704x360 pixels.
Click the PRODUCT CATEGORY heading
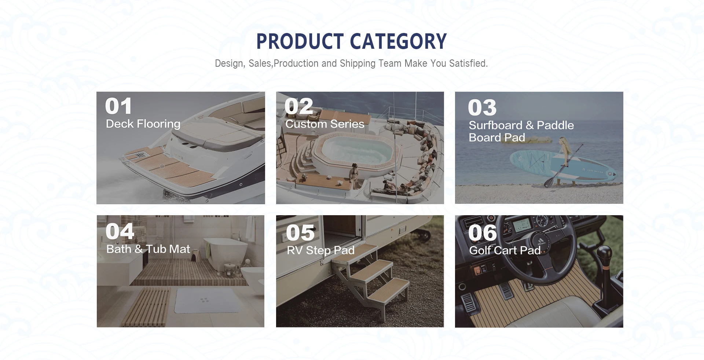point(351,41)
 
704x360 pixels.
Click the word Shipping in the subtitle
point(357,63)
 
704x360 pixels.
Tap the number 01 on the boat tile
point(118,106)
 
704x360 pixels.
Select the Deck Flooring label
point(143,124)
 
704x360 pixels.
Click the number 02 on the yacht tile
point(299,106)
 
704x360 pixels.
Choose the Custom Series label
point(325,124)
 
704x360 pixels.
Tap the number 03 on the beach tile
point(482,108)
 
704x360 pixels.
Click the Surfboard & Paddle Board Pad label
point(521,131)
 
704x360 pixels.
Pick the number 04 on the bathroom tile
point(120,231)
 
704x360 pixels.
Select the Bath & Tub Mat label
point(148,249)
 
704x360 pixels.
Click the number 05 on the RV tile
point(300,233)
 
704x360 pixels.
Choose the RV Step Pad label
point(320,250)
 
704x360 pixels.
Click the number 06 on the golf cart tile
point(483,233)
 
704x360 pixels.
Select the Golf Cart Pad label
point(505,250)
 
